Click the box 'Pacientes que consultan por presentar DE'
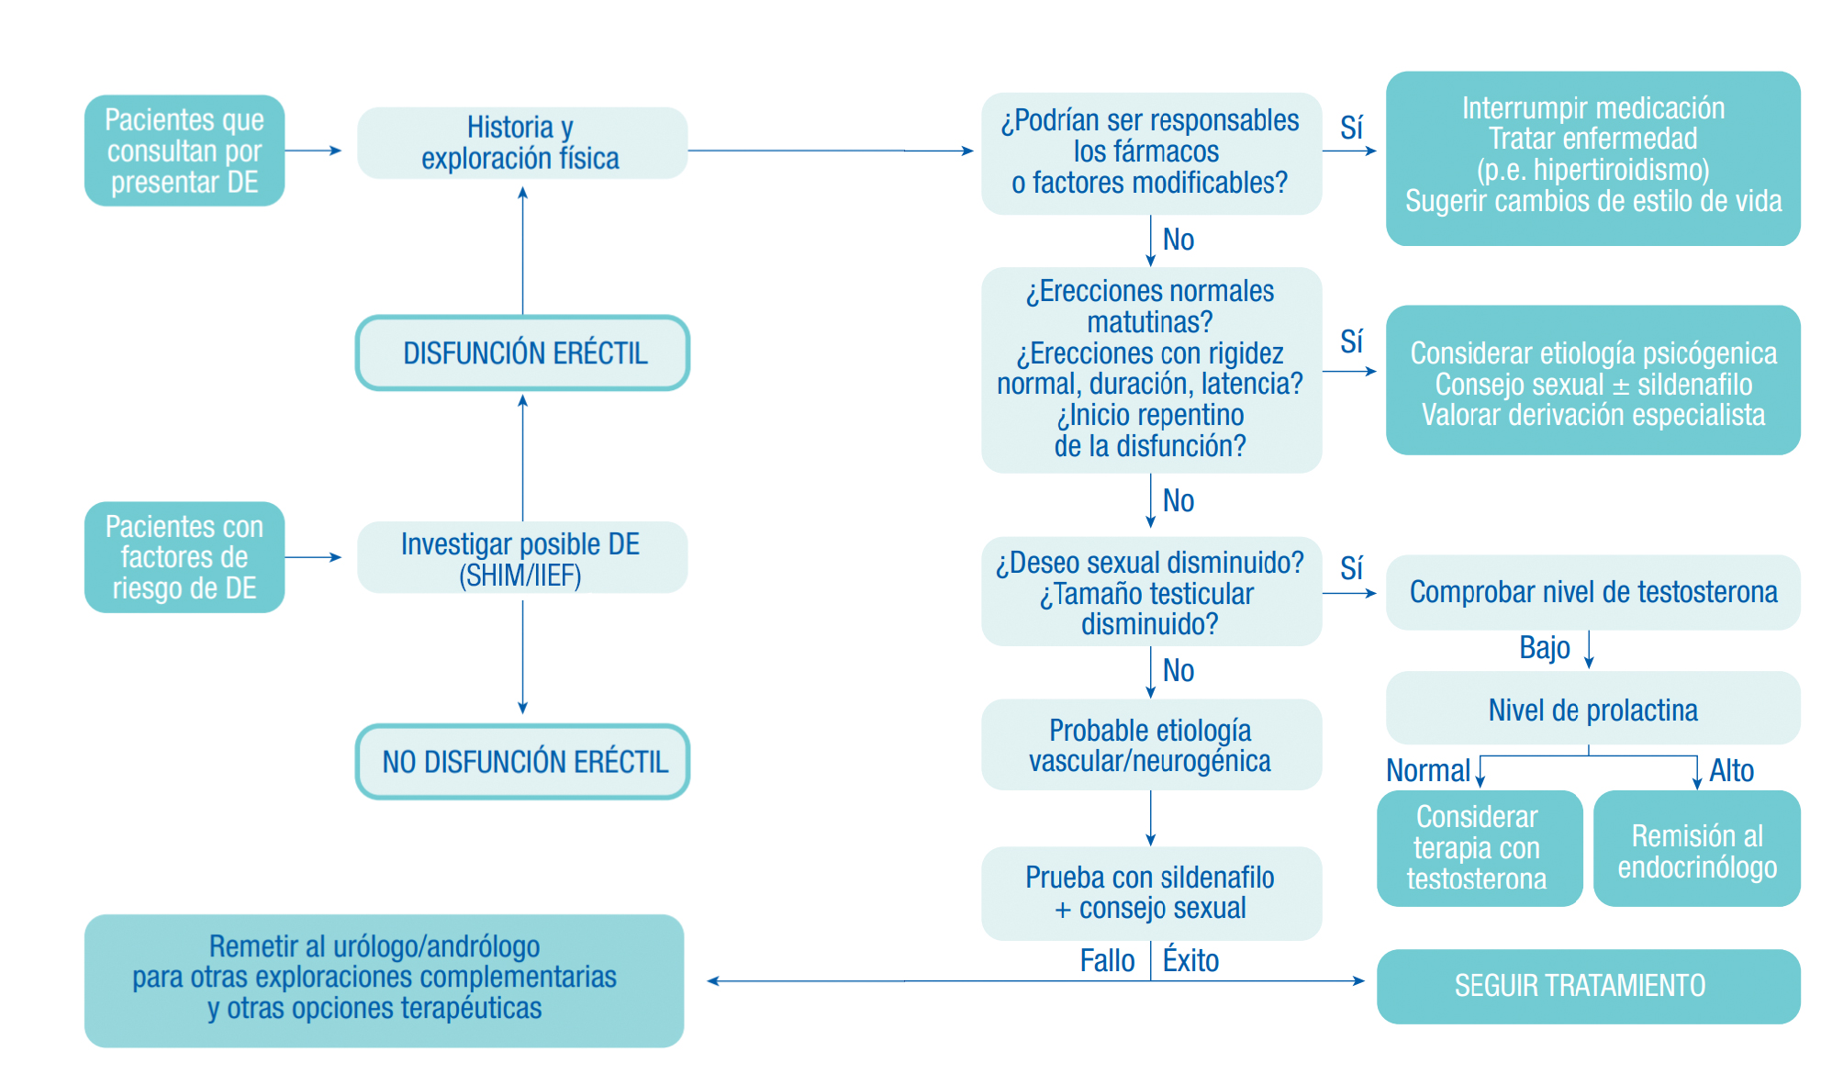click(184, 151)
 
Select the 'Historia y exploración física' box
click(521, 143)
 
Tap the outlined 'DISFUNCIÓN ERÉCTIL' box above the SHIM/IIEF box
click(522, 353)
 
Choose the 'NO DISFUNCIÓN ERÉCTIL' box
click(522, 761)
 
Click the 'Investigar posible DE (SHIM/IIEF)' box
click(521, 558)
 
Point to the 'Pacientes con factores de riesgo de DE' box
click(184, 557)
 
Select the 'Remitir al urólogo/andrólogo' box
click(384, 980)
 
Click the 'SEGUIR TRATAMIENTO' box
click(1587, 986)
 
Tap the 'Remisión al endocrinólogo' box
click(1696, 849)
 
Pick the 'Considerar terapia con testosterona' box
click(1478, 848)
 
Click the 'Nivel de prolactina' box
click(1592, 710)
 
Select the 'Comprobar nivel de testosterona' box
click(1592, 592)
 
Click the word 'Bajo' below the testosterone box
click(1545, 648)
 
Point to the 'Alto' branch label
click(1731, 770)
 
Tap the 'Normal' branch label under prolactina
click(1427, 770)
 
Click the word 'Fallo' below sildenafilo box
click(1107, 961)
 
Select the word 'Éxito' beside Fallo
click(1190, 961)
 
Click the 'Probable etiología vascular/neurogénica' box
click(1150, 745)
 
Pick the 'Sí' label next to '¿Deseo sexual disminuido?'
click(1351, 568)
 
